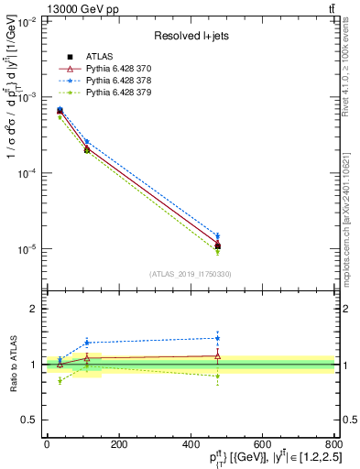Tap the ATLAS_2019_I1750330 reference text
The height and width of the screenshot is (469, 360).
tap(190, 274)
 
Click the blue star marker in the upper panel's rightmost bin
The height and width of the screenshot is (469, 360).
tap(217, 235)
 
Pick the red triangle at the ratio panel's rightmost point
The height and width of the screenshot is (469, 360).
tap(217, 355)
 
